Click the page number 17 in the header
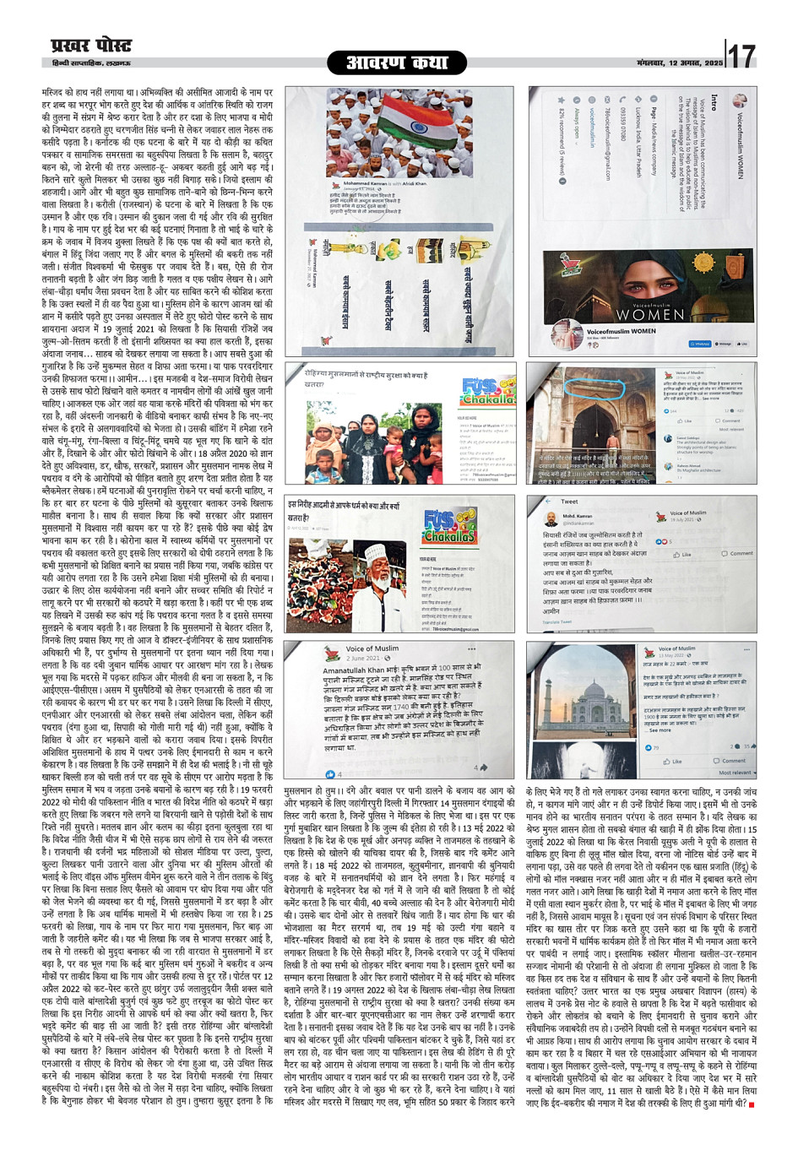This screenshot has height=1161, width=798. pyautogui.click(x=741, y=56)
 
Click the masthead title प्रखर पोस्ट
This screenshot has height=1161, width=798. pyautogui.click(x=91, y=46)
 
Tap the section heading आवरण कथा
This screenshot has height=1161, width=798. pyautogui.click(x=398, y=62)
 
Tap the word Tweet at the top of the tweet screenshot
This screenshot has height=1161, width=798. pyautogui.click(x=570, y=502)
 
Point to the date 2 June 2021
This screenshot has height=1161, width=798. pyautogui.click(x=363, y=658)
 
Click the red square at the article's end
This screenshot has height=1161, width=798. pyautogui.click(x=751, y=1104)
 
